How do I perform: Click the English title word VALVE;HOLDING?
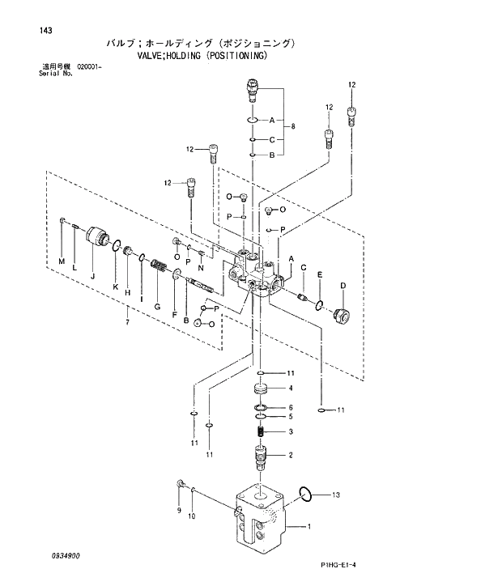pyautogui.click(x=169, y=57)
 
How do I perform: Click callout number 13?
pyautogui.click(x=335, y=494)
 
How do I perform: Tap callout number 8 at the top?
pyautogui.click(x=293, y=126)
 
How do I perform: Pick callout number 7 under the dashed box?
pyautogui.click(x=126, y=324)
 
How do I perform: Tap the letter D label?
pyautogui.click(x=342, y=285)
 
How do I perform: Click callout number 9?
pyautogui.click(x=179, y=512)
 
